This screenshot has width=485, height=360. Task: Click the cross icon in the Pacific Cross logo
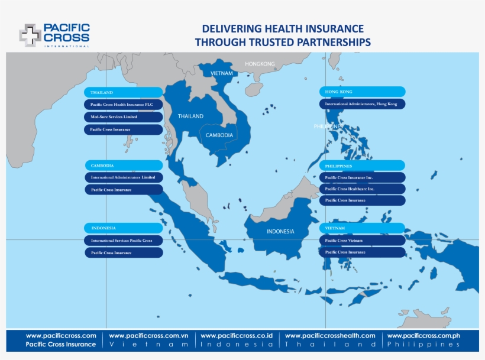tap(30, 35)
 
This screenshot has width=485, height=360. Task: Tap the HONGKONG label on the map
tap(260, 63)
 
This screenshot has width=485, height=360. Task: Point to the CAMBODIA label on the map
tap(219, 135)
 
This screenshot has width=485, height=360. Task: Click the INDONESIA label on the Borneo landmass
tap(280, 231)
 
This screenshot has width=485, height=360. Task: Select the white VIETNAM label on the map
tap(222, 73)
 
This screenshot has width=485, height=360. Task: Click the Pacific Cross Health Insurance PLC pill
tap(123, 105)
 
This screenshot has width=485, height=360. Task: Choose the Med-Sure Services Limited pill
tap(123, 117)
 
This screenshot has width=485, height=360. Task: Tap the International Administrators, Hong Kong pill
tap(363, 104)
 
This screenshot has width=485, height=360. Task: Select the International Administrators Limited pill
tap(123, 177)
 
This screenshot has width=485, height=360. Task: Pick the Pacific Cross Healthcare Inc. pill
tap(363, 189)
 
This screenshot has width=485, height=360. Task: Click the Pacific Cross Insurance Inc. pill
tap(363, 177)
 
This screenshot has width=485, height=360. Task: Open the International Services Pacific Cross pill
tap(123, 241)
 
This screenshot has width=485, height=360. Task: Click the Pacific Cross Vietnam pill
tap(363, 241)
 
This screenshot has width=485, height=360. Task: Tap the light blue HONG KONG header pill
tap(363, 92)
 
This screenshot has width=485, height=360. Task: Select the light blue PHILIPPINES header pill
tap(363, 166)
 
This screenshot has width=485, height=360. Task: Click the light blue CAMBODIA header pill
tap(123, 166)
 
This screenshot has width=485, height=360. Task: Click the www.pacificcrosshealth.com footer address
tap(331, 336)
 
